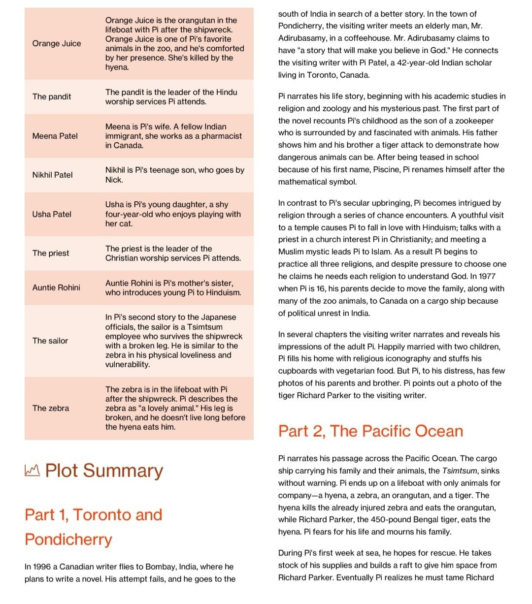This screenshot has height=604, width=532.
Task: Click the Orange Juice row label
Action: coord(57,43)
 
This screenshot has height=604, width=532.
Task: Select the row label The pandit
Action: coord(52,96)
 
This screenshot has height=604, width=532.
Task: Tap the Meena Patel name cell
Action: coord(55,136)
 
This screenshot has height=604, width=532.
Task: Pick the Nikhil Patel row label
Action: coord(52,175)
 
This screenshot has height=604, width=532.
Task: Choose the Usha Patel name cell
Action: coord(52,214)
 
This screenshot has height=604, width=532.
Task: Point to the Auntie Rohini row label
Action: coord(56,287)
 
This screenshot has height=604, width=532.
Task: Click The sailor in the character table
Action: coord(50,341)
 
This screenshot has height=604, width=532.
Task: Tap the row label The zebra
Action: coord(51,408)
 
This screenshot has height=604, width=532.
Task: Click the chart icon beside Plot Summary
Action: coord(32,471)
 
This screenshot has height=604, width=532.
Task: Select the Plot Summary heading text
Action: coord(104,471)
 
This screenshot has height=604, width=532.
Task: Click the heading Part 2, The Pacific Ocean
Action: coord(370,431)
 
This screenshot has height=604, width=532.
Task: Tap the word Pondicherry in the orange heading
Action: coord(68,539)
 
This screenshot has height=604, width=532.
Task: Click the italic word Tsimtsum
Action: coord(459,471)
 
